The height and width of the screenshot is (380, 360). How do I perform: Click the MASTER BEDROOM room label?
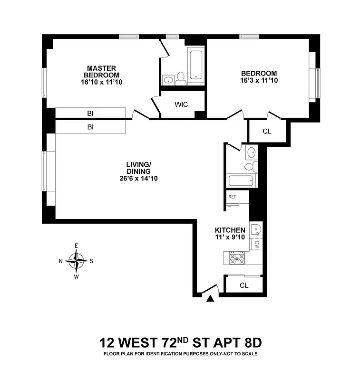click(x=101, y=72)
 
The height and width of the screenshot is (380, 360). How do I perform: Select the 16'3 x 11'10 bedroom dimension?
click(x=259, y=80)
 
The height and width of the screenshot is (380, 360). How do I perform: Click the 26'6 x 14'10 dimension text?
click(x=139, y=179)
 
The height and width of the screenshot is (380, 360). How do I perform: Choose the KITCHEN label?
click(x=230, y=230)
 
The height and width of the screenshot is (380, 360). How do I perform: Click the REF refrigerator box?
click(x=232, y=197)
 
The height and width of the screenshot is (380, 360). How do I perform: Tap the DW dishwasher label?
click(x=256, y=245)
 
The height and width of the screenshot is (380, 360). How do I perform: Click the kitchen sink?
click(x=256, y=230)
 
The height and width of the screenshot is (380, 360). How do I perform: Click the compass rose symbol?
click(x=76, y=260)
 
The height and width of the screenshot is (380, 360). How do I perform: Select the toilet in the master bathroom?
click(x=180, y=79)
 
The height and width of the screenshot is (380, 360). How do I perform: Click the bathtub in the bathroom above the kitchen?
click(x=242, y=181)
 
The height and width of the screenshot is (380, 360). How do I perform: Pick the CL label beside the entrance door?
click(x=244, y=285)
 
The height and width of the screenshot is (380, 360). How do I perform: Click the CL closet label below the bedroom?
click(x=267, y=131)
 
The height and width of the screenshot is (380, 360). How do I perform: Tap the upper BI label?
click(x=90, y=114)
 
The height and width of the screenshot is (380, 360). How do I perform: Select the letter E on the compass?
click(x=76, y=246)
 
